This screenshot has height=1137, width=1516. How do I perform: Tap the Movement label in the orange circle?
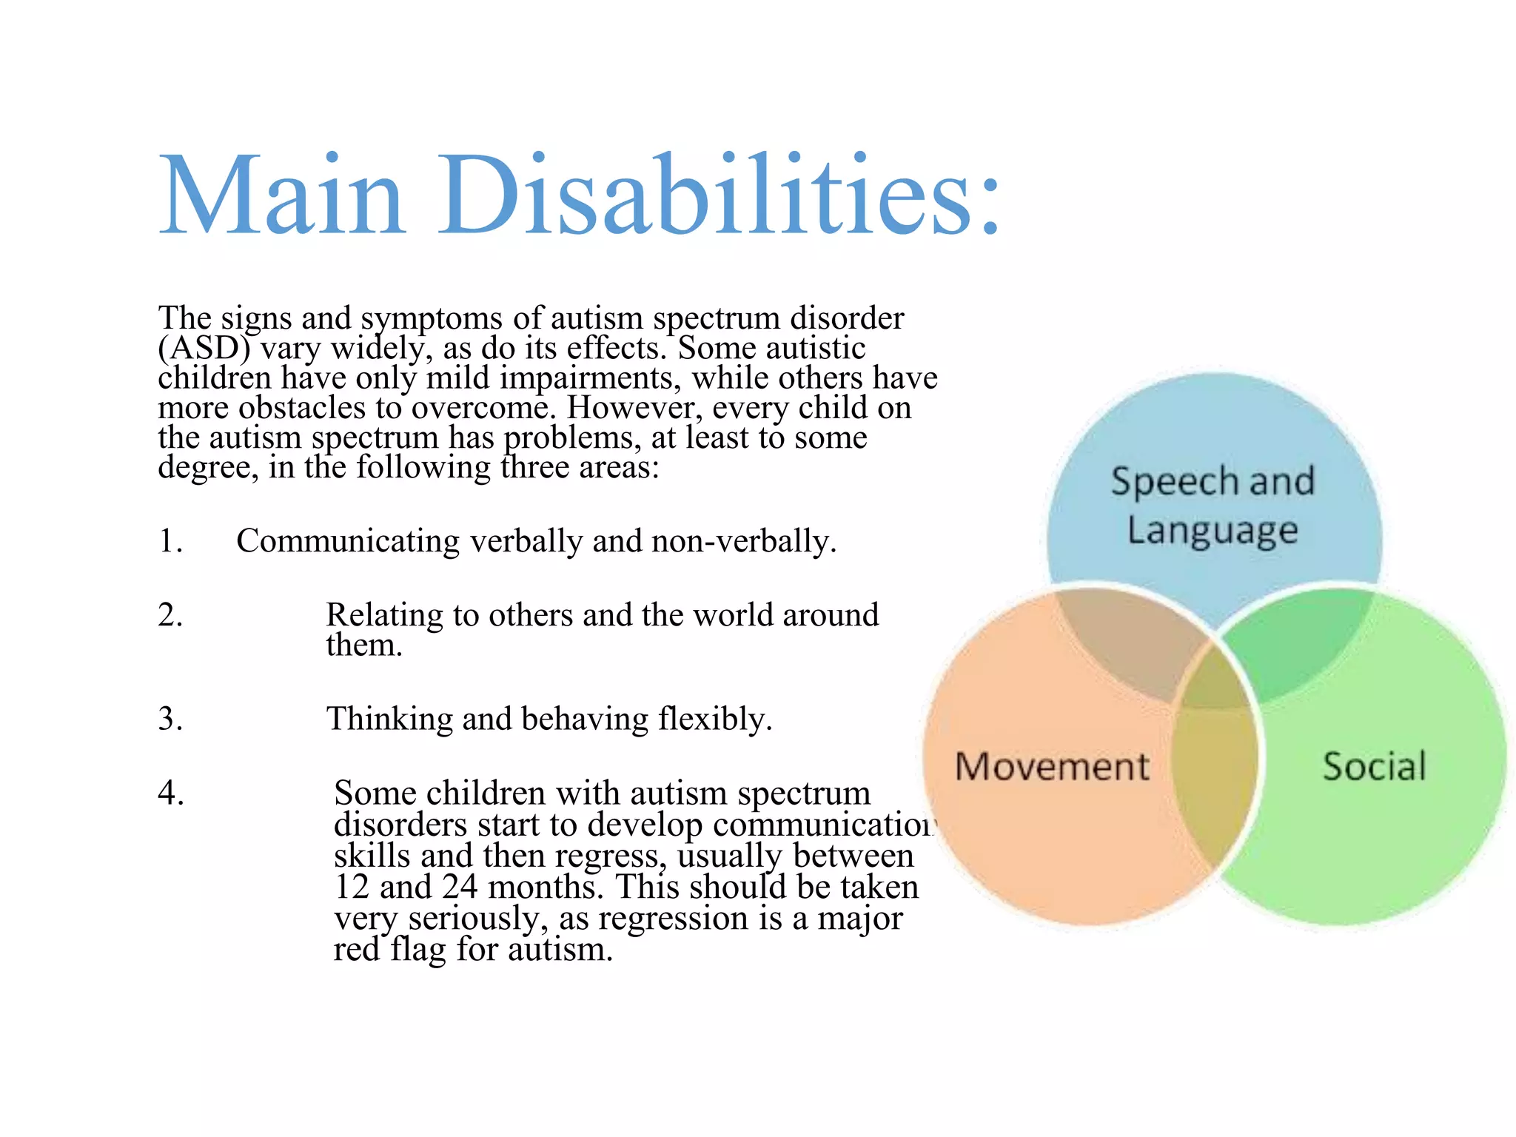tap(1052, 766)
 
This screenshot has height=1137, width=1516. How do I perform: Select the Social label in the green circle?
tap(1374, 766)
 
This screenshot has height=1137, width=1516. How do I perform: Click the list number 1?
tap(170, 541)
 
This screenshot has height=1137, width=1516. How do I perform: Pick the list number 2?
tap(170, 615)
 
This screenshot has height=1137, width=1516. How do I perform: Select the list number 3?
tap(170, 719)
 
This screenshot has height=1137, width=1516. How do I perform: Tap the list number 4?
tap(170, 793)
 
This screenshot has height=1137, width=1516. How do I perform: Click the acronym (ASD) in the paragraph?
tap(204, 348)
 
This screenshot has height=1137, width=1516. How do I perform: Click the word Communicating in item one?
tap(347, 541)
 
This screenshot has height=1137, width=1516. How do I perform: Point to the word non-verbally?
tap(743, 541)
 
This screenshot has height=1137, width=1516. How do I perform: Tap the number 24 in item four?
tap(460, 887)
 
